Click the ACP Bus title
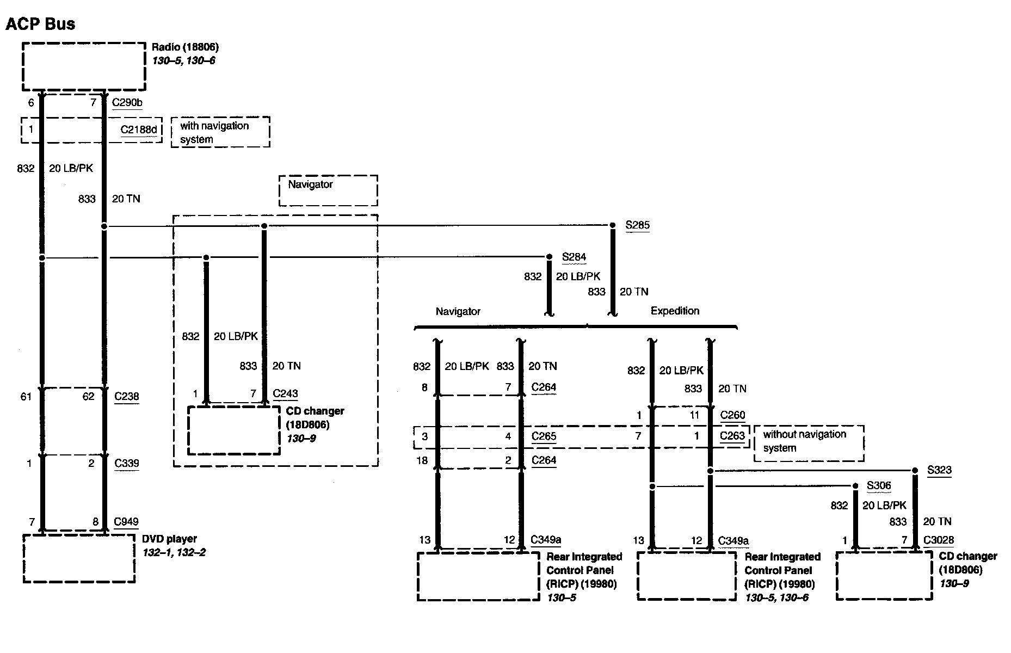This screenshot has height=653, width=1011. point(40,24)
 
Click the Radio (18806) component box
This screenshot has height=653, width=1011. point(84,66)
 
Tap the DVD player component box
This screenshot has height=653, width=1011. point(79,558)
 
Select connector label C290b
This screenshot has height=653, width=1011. point(127,102)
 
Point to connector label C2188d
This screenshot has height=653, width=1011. point(138,130)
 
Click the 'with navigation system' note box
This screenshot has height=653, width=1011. point(220,132)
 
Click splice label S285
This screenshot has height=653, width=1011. point(637,225)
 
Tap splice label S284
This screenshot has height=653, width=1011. point(574,257)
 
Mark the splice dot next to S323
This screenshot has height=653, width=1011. point(915,470)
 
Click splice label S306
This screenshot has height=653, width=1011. point(879,485)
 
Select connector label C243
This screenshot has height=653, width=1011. point(285,393)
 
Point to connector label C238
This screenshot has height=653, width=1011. point(126,397)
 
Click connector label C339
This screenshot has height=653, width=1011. point(126,464)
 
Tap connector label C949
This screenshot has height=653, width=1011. point(126,522)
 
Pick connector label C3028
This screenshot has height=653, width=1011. point(939,540)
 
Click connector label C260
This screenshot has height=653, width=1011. point(732,415)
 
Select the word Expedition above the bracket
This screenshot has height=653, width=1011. point(675,311)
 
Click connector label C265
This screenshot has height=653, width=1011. point(544,436)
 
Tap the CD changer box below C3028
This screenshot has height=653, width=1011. point(884,576)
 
